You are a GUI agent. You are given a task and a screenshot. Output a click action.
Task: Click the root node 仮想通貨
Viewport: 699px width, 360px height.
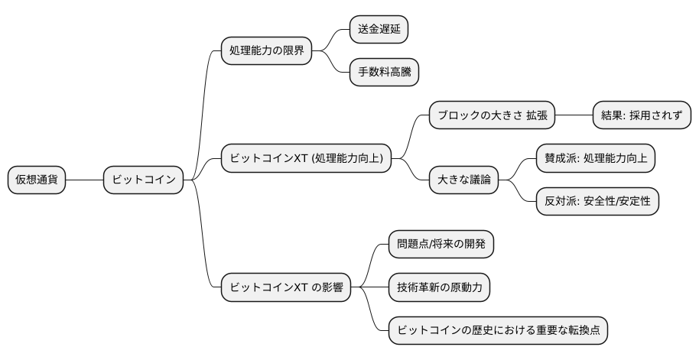(37, 180)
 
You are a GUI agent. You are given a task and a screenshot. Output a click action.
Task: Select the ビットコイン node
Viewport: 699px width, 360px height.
(145, 180)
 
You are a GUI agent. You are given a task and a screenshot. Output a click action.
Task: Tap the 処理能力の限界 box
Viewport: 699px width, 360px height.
(265, 51)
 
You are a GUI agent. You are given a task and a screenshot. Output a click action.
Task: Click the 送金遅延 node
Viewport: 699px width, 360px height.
(378, 30)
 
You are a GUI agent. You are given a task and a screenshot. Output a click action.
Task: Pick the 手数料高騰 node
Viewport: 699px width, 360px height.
(384, 73)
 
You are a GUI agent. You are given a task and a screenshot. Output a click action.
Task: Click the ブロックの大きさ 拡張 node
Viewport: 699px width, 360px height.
(491, 115)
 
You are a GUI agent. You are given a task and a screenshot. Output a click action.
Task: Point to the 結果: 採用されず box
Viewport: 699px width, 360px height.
(642, 115)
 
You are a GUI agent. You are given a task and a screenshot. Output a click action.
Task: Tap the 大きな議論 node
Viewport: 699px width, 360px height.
(463, 180)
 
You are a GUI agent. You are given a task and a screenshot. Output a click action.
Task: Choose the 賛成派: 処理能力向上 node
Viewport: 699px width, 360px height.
(594, 158)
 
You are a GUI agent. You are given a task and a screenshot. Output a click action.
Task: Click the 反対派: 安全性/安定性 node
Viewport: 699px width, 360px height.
(597, 201)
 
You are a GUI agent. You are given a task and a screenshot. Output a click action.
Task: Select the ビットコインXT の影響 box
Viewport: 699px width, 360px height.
(285, 287)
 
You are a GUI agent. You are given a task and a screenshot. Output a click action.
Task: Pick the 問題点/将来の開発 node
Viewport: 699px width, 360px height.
(441, 245)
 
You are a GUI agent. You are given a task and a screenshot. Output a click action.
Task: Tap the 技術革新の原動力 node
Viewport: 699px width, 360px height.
(439, 287)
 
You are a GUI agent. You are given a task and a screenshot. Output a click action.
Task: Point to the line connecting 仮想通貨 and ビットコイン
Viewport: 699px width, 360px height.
(85, 180)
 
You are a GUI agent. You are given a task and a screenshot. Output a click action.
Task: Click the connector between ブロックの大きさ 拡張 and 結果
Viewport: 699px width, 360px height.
(573, 115)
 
